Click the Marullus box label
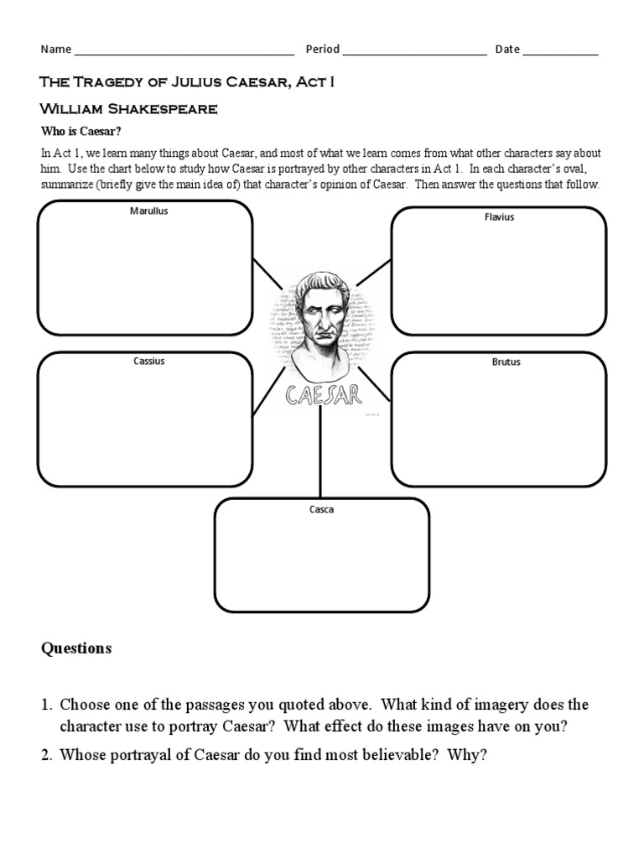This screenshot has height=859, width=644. click(149, 211)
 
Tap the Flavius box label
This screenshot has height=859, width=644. click(499, 217)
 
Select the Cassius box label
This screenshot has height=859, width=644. click(149, 362)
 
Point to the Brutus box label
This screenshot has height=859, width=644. click(506, 362)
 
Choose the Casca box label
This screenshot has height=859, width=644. click(322, 510)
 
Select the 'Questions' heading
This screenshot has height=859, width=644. click(76, 648)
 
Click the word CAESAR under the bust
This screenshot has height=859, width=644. click(323, 394)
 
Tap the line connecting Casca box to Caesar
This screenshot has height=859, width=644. click(320, 453)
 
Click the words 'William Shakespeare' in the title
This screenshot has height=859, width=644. click(129, 109)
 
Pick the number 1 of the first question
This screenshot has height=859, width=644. click(47, 705)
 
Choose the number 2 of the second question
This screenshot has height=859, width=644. click(47, 755)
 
